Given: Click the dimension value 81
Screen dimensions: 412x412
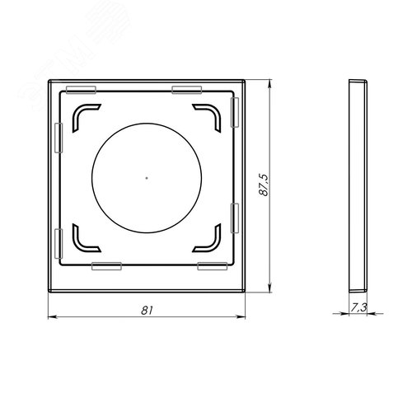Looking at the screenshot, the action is [x=147, y=311].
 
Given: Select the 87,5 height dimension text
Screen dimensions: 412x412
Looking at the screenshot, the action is [x=264, y=185].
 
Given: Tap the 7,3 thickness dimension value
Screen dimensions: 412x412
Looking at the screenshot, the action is [x=358, y=307].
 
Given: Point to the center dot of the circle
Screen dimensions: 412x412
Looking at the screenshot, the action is [x=147, y=178].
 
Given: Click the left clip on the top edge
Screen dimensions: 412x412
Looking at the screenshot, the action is [x=81, y=90].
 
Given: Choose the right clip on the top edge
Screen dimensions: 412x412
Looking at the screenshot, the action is [x=187, y=90].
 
